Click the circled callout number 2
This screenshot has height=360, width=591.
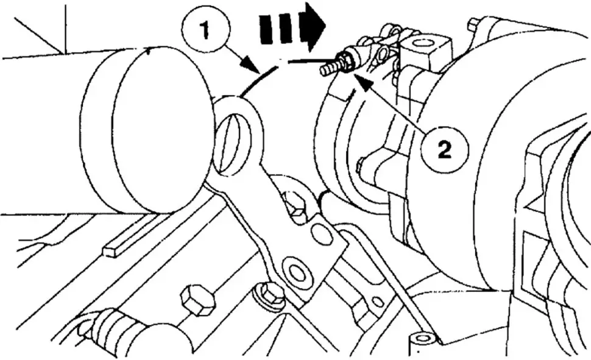point(445,149)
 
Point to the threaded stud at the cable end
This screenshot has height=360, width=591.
point(330,68)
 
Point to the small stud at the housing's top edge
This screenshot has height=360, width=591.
point(473,24)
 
